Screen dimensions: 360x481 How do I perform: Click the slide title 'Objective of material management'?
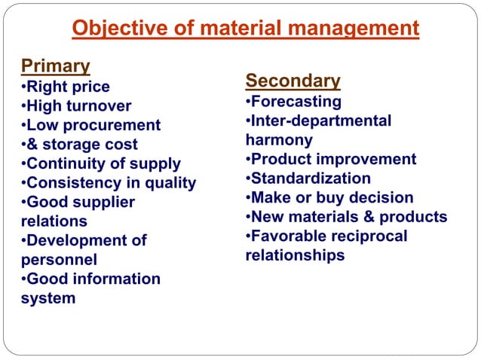point(245,29)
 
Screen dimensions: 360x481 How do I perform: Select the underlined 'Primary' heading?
point(56,66)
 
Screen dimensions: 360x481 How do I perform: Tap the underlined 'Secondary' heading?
point(293,81)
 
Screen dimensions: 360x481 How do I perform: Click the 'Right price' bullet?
point(66,87)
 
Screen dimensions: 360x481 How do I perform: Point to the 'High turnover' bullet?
point(76,106)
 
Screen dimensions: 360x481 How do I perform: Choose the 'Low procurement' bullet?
point(90,125)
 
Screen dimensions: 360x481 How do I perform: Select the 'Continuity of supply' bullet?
point(101,163)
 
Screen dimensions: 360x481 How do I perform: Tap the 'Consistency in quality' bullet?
point(109,183)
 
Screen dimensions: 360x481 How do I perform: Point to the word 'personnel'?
point(59,260)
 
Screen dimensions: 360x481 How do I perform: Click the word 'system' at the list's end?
point(48,298)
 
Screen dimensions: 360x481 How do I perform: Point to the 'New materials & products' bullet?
point(346,217)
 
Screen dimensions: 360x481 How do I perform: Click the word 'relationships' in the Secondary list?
point(295,255)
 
